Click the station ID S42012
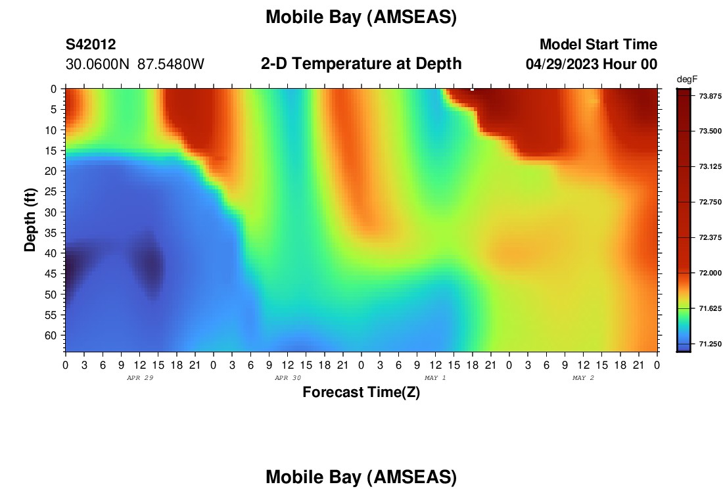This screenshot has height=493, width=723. (x=91, y=45)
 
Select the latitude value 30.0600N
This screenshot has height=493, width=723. (x=97, y=64)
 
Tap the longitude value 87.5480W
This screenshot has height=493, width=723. (x=171, y=64)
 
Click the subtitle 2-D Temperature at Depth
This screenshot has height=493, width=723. (x=361, y=64)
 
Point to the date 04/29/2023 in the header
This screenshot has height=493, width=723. (x=562, y=64)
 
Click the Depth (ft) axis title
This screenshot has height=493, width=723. (x=30, y=220)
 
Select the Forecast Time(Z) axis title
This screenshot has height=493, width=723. (x=361, y=392)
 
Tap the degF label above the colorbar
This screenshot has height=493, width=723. (x=687, y=80)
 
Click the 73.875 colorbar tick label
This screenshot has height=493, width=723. (x=710, y=96)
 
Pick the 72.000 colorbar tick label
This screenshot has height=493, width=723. (x=710, y=273)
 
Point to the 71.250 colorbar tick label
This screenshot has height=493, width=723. (x=710, y=344)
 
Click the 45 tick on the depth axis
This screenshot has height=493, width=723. (x=51, y=274)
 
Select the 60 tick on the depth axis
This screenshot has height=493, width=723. (x=51, y=335)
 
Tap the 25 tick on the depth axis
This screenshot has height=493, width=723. (x=51, y=192)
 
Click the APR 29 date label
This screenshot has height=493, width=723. (x=140, y=378)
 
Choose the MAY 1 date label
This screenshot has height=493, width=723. (x=435, y=378)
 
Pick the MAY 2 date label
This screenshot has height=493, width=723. (x=583, y=378)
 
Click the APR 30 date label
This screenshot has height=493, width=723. (x=288, y=378)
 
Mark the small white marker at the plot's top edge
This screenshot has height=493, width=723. (x=472, y=89)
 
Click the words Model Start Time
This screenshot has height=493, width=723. (x=599, y=45)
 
